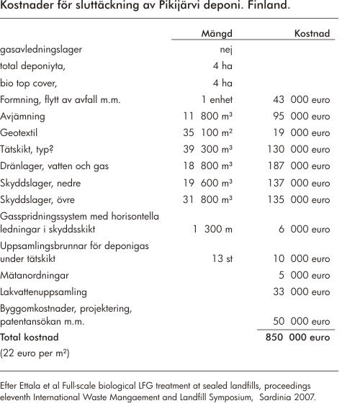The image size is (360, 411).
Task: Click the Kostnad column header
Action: pos(312,34)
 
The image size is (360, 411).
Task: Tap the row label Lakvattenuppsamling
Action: pos(44,292)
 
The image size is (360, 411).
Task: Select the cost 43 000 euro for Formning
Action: pos(303,99)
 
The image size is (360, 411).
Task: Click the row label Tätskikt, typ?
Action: pos(29,149)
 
